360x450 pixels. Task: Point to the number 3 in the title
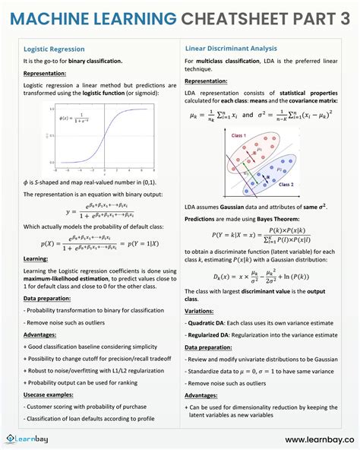344,17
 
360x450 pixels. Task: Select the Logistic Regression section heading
55,49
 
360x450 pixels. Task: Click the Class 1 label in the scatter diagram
238,135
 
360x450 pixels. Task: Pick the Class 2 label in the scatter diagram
286,185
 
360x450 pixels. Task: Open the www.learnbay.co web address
319,439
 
